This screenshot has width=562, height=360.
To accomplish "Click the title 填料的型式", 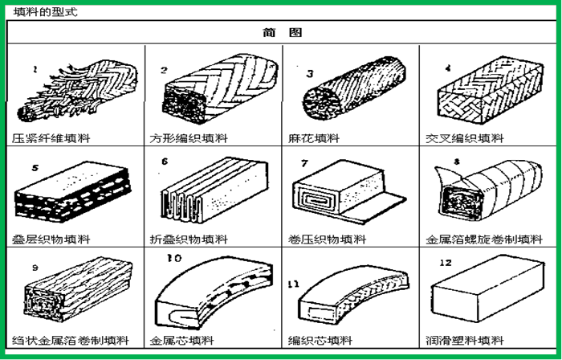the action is click(45, 12).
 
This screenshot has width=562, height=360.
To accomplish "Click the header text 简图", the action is click(282, 33).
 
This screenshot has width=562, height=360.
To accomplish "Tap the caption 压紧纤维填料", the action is click(51, 138).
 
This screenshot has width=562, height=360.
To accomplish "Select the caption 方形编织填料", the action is click(189, 138).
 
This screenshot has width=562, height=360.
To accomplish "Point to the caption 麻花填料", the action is click(314, 138).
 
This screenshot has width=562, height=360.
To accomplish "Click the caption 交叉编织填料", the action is click(465, 138).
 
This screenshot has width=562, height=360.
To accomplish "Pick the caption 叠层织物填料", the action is click(51, 239).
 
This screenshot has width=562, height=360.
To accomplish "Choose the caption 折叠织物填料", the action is click(189, 239).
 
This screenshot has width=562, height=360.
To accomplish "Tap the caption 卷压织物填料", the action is click(327, 239).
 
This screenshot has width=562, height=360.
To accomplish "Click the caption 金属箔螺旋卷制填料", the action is click(484, 239).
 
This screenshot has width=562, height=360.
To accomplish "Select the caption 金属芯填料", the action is click(181, 340).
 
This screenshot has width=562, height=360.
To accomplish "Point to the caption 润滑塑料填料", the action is click(465, 340).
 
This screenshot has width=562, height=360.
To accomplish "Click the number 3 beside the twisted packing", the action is click(310, 73).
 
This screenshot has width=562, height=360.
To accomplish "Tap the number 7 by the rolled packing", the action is click(304, 163).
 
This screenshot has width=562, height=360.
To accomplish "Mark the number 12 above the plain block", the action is click(446, 263).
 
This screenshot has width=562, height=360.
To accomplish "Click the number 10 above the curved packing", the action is click(174, 258).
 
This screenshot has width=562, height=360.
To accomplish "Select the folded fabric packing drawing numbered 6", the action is click(214, 190).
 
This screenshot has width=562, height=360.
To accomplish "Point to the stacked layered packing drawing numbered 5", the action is click(72, 192).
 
